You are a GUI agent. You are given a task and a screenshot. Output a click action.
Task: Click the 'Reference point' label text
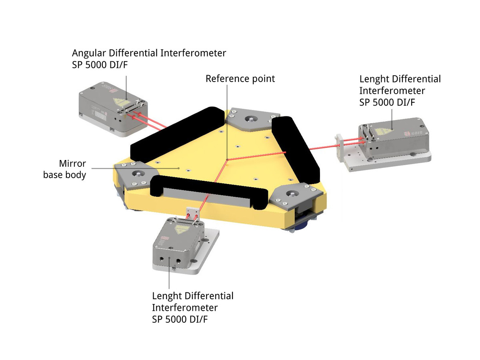pyautogui.click(x=240, y=78)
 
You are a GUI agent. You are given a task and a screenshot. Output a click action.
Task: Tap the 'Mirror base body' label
pyautogui.click(x=64, y=169)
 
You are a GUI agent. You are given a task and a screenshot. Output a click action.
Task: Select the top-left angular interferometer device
pyautogui.click(x=113, y=109)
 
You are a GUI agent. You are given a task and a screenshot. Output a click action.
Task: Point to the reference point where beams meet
pyautogui.click(x=227, y=160)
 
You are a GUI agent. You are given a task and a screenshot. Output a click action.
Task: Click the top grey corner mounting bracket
pyautogui.click(x=251, y=119)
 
